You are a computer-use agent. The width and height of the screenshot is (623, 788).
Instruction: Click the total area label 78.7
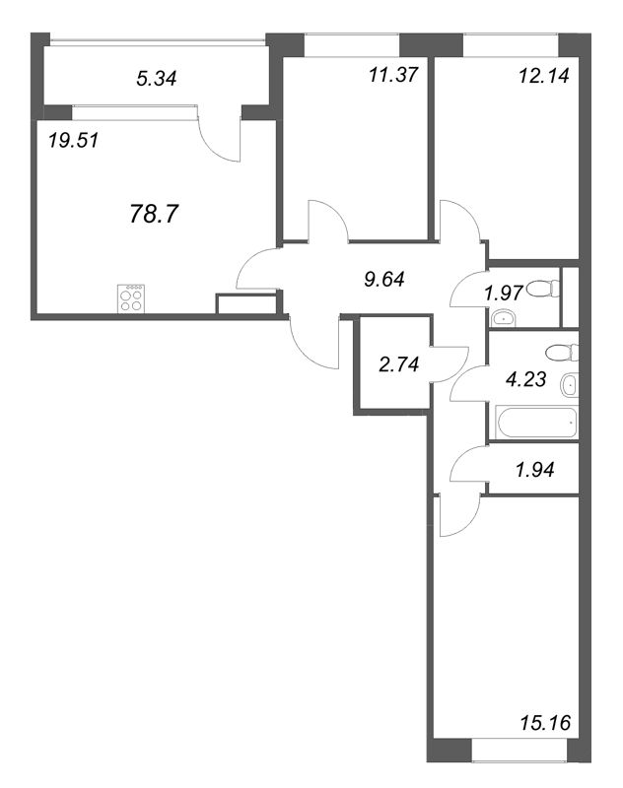pyautogui.click(x=154, y=214)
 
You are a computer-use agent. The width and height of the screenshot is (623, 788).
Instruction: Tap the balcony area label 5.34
pyautogui.click(x=157, y=79)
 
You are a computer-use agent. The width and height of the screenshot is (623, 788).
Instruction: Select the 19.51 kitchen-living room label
pyautogui.click(x=74, y=140)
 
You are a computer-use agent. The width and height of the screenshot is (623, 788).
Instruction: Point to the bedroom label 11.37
pyautogui.click(x=393, y=75)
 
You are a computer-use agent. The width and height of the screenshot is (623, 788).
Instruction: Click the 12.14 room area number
pyautogui.click(x=543, y=76)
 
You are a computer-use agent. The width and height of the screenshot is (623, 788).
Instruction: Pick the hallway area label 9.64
pyautogui.click(x=384, y=279)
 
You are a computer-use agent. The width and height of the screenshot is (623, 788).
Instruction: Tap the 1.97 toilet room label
pyautogui.click(x=504, y=293)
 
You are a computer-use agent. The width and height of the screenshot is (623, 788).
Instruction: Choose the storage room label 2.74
pyautogui.click(x=399, y=364)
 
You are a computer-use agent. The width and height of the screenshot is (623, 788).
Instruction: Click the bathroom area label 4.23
pyautogui.click(x=525, y=379)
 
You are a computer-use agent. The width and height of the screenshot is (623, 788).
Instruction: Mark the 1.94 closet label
pyautogui.click(x=534, y=470)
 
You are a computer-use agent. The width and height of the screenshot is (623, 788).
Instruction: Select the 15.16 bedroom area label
pyautogui.click(x=545, y=723)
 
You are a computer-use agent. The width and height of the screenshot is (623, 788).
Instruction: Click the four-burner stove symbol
pyautogui.click(x=132, y=298)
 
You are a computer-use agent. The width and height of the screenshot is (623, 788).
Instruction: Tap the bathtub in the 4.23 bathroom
pyautogui.click(x=537, y=422)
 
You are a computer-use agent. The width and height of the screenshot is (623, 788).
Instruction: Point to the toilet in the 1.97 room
pyautogui.click(x=541, y=289)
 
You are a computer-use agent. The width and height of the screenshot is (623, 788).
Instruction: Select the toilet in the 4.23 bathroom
pyautogui.click(x=562, y=353)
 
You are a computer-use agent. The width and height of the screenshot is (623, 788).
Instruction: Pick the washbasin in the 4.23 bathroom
pyautogui.click(x=570, y=385)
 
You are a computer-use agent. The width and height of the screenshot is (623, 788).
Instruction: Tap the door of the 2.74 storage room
pyautogui.click(x=450, y=364)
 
